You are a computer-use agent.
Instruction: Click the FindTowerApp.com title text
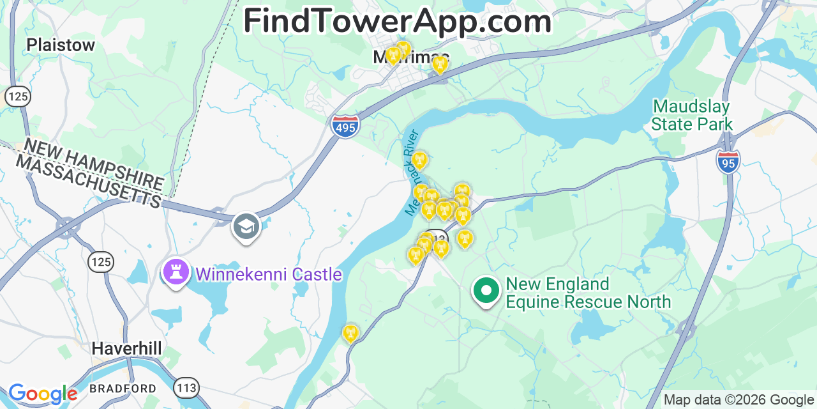(397, 21)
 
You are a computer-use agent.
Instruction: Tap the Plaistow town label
(61, 45)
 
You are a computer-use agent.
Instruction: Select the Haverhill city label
(126, 348)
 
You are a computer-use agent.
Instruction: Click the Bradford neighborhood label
(123, 388)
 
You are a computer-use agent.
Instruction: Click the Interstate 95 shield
(728, 161)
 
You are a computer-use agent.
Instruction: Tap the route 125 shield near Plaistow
(17, 96)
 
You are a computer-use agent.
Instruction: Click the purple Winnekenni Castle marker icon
(176, 273)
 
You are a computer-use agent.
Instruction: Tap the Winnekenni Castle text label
(269, 275)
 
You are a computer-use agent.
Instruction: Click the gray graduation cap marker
(246, 226)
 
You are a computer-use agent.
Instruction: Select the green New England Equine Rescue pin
(486, 291)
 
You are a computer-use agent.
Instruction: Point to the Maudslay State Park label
(692, 115)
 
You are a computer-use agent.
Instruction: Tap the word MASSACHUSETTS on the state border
(88, 181)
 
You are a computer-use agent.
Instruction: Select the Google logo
(42, 394)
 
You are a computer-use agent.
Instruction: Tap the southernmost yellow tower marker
(350, 333)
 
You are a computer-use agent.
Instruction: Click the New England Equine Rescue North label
(587, 293)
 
